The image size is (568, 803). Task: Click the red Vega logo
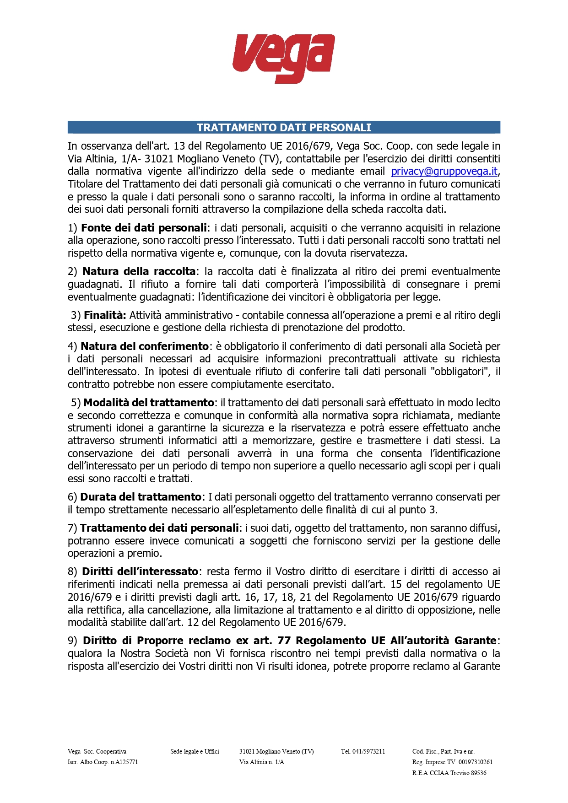coord(283,58)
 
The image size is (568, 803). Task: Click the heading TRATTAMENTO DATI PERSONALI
coord(284,128)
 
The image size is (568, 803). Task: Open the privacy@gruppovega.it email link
coord(444,172)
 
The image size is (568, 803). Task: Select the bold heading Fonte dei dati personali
coord(144,228)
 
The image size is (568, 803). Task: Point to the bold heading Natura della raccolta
coord(139,271)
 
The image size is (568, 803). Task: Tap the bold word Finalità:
coord(105,315)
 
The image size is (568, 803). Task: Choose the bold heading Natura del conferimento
coord(145,346)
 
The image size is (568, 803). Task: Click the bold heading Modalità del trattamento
coord(149,403)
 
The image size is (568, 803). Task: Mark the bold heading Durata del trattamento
coord(141,497)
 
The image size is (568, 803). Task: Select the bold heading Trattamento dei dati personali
coord(159,528)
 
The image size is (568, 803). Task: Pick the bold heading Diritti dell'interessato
coord(140,571)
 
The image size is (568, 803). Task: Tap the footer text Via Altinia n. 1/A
coord(261,762)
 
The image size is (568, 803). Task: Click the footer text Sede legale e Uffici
coord(195,751)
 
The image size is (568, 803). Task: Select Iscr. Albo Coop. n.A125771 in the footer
coord(103,762)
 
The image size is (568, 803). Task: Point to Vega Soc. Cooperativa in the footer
coord(97,751)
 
